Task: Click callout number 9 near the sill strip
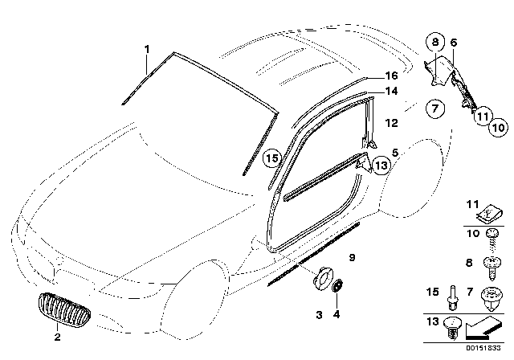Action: [x=352, y=256]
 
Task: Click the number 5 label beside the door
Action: [x=396, y=151]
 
